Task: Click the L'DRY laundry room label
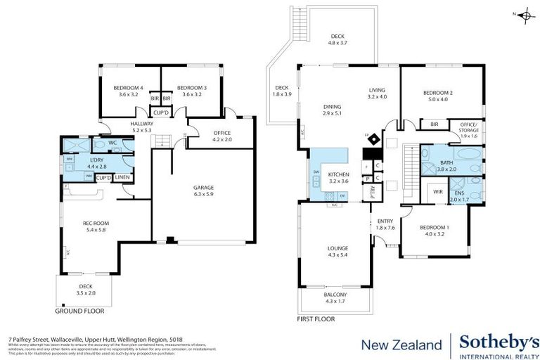[96, 162]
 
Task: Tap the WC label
[112, 142]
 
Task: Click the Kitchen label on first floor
[338, 176]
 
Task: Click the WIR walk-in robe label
[438, 191]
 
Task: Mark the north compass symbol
[524, 14]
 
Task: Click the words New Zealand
[401, 345]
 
